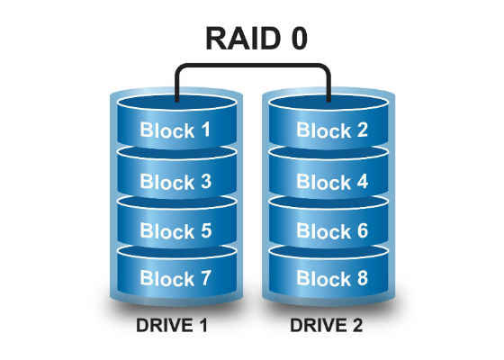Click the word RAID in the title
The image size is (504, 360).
(x=243, y=38)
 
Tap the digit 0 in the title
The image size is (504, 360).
(x=300, y=38)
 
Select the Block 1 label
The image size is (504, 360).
(x=175, y=130)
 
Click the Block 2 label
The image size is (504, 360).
(x=332, y=130)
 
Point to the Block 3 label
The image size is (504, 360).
(x=175, y=181)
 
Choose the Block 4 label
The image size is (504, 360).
(x=332, y=181)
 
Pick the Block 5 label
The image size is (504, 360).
(x=175, y=230)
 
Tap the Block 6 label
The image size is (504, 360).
(x=332, y=230)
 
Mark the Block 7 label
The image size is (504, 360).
(x=175, y=278)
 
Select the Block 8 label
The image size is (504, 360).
(x=332, y=278)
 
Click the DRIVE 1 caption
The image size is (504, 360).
(x=172, y=325)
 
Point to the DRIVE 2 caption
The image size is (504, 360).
(x=326, y=325)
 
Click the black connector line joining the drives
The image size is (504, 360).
(x=253, y=65)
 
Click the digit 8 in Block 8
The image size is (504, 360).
(x=362, y=278)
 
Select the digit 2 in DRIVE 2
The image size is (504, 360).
(x=356, y=325)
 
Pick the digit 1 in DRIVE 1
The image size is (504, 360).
(x=203, y=325)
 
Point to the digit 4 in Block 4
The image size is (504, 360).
(x=362, y=181)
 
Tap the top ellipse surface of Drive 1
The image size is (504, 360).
(x=176, y=103)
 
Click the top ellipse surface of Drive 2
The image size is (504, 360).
(x=328, y=103)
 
